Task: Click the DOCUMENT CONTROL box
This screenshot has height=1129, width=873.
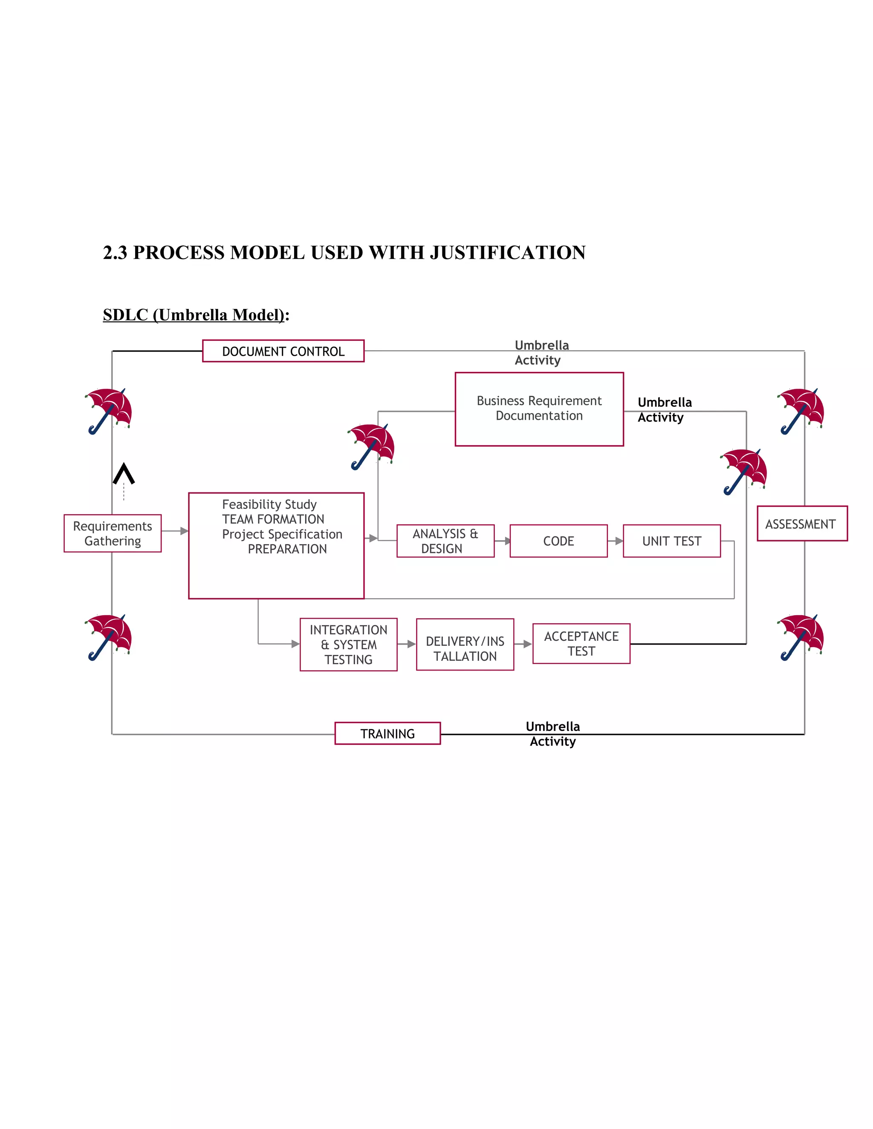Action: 283,351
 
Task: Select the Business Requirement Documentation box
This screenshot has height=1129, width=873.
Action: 539,409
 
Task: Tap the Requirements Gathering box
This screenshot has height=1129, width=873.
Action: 112,533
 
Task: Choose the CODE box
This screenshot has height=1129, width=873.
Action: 558,541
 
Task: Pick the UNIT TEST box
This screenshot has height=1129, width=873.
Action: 671,541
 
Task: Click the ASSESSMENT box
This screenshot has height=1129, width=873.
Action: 802,524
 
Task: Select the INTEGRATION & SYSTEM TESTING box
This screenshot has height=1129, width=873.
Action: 348,644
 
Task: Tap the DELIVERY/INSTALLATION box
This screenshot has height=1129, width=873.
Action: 465,644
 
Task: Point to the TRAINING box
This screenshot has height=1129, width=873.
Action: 387,733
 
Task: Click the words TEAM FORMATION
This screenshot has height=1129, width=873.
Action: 273,519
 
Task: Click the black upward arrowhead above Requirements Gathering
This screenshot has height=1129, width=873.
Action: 124,473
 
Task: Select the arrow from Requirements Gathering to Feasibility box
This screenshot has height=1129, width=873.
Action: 175,531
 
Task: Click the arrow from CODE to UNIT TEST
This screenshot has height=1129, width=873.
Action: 615,541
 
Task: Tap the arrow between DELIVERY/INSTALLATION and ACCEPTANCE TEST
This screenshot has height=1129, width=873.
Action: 523,644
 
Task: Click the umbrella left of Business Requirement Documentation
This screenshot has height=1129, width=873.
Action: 371,446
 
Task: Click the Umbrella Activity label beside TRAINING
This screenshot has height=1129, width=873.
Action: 552,734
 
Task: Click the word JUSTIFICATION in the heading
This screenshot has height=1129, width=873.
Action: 507,252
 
